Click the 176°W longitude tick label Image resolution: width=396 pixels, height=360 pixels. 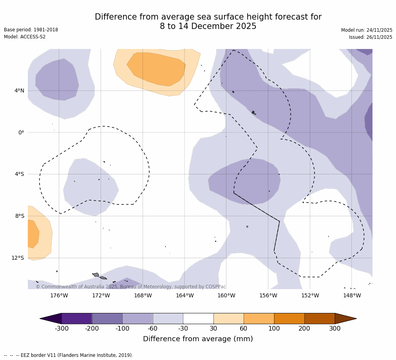click(59, 295)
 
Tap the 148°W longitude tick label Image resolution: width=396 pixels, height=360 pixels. click(352, 295)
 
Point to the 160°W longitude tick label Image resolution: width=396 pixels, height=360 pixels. click(226, 295)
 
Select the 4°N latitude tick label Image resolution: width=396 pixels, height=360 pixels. click(19, 91)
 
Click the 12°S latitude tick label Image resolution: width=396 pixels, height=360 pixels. click(18, 258)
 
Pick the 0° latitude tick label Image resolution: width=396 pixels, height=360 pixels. click(21, 132)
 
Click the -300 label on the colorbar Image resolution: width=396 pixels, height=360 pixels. click(61, 329)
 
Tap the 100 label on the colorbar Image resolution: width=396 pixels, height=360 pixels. click(274, 329)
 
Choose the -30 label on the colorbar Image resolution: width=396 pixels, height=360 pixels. click(183, 329)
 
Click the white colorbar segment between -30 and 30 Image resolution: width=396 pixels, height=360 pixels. click(198, 318)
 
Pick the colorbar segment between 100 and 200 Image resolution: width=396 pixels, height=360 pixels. click(289, 318)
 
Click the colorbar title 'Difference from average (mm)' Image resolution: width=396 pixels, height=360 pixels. click(198, 339)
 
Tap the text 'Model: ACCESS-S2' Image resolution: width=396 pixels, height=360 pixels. click(25, 37)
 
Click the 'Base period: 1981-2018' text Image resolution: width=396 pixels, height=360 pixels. click(31, 30)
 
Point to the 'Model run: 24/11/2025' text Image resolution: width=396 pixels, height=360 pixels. click(367, 30)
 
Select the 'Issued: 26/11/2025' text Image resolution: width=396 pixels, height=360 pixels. click(371, 37)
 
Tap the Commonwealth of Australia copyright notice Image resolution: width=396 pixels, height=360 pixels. click(131, 287)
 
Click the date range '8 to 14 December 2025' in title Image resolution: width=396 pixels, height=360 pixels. click(208, 26)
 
